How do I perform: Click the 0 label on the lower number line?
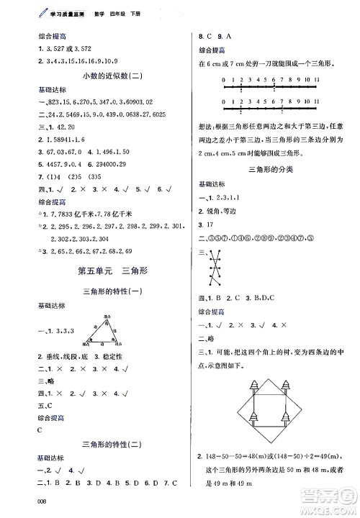(225, 102)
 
